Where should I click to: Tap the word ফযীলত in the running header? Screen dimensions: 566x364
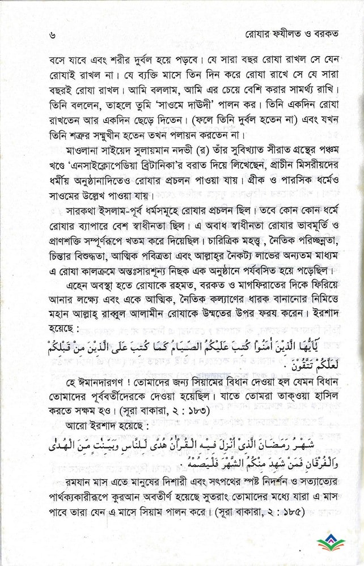point(281,34)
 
